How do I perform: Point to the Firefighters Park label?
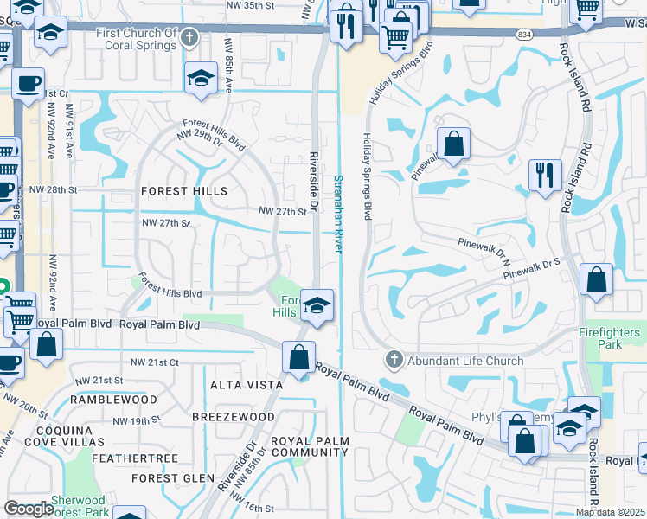click(x=610, y=338)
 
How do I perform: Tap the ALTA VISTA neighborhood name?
click(x=247, y=384)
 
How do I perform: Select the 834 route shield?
click(x=549, y=33)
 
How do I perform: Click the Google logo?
click(x=29, y=509)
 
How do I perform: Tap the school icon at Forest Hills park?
click(x=317, y=306)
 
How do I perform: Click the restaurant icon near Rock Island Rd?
click(x=545, y=176)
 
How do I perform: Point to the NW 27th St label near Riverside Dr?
click(x=283, y=210)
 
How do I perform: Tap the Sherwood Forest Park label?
click(x=79, y=506)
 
